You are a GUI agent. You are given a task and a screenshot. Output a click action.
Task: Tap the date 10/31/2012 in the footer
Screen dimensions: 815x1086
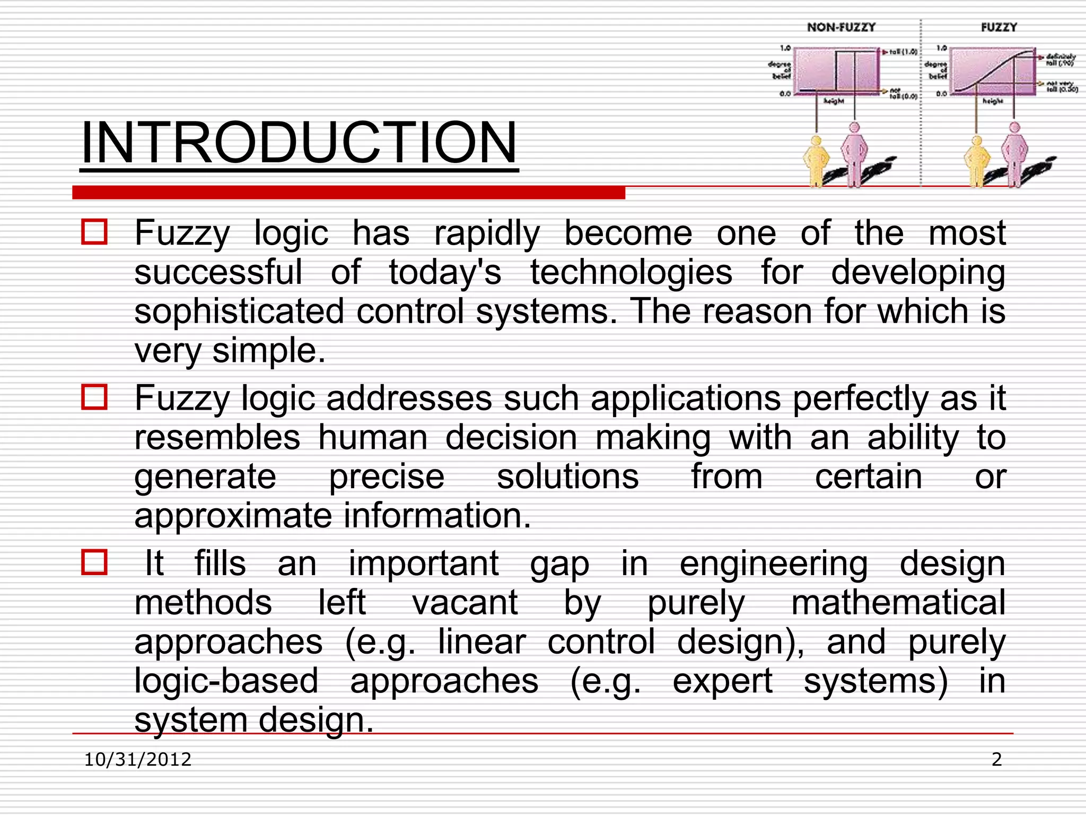(x=138, y=759)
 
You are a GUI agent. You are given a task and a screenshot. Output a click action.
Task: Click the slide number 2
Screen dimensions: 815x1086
(x=996, y=759)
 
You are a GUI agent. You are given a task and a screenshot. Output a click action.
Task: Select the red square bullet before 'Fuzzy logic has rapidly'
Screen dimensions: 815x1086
(x=94, y=232)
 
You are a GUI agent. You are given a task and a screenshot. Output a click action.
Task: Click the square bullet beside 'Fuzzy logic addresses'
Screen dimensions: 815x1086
(x=94, y=397)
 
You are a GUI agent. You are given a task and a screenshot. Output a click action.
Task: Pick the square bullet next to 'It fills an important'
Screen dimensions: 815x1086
(x=94, y=562)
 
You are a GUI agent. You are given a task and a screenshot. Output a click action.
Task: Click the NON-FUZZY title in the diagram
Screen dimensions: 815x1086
(x=841, y=28)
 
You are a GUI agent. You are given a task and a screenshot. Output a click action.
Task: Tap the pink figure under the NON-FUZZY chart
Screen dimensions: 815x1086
(x=854, y=154)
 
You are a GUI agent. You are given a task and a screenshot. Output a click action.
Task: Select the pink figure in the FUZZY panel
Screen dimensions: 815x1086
(x=1014, y=154)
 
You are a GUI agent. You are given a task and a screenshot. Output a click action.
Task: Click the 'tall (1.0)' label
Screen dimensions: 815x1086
(x=903, y=52)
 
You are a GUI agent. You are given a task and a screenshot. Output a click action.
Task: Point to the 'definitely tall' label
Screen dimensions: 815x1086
(x=1061, y=59)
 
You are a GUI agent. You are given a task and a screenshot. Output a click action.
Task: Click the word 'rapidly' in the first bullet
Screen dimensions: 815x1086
(x=487, y=234)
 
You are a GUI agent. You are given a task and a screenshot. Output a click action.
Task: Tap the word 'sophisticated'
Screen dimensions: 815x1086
(x=239, y=311)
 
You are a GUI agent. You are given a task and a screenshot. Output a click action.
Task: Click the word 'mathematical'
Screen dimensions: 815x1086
(x=898, y=603)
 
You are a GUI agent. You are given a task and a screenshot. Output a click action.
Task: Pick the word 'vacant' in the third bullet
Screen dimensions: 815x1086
(x=465, y=603)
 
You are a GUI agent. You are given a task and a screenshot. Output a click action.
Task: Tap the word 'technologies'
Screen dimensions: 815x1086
(x=631, y=273)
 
